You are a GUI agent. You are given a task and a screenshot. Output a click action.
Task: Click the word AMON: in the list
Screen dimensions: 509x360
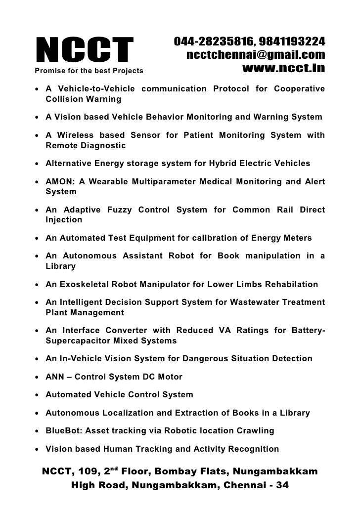(x=60, y=182)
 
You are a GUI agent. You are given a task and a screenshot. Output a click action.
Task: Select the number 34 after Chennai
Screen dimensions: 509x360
(x=282, y=485)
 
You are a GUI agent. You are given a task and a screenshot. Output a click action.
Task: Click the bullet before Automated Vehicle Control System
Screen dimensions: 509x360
(x=38, y=395)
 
